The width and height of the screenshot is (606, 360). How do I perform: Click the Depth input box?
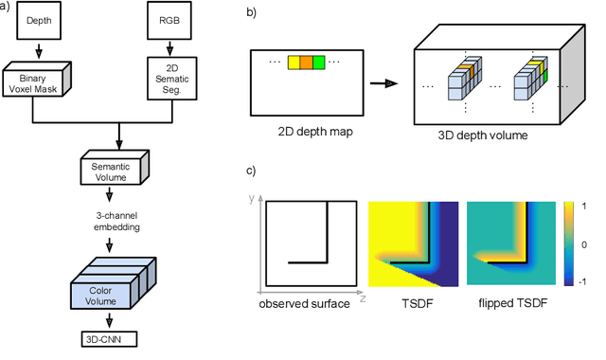tap(39, 20)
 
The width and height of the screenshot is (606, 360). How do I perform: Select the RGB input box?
tap(169, 20)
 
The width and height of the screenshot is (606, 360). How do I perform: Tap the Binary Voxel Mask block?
tap(37, 79)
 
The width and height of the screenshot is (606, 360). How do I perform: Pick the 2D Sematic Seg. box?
tap(172, 79)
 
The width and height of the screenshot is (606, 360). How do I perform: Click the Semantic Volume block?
tap(115, 168)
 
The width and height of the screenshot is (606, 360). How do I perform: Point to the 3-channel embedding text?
tap(116, 221)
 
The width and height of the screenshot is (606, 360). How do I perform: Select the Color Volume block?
tap(114, 283)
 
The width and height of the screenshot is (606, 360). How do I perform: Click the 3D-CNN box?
tap(109, 339)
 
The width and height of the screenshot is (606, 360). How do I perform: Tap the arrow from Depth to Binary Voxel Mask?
tap(39, 50)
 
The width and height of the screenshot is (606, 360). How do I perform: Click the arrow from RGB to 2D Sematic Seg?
tap(169, 48)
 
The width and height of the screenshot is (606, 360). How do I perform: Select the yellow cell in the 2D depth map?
tap(294, 63)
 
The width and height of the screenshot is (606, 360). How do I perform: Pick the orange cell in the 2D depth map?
tap(307, 63)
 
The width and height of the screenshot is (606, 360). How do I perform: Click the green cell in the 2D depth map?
tap(319, 63)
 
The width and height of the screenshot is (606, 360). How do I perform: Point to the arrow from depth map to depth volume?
tap(383, 83)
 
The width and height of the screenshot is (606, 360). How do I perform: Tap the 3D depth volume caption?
tap(483, 135)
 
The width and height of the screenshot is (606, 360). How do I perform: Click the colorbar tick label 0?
tap(584, 244)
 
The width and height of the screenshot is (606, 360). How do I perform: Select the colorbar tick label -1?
tap(582, 281)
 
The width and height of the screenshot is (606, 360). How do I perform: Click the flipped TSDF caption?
tap(513, 303)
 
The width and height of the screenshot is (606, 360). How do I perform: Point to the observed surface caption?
tap(305, 303)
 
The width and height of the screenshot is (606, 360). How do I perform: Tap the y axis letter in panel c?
tap(252, 199)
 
